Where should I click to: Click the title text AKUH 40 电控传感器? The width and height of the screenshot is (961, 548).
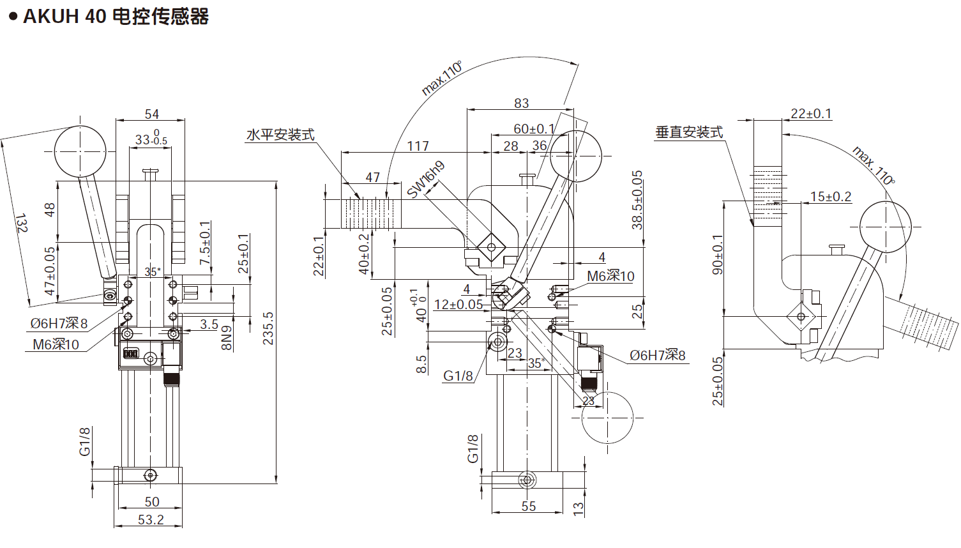[116, 16]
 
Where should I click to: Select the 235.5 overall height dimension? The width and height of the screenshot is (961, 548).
[269, 328]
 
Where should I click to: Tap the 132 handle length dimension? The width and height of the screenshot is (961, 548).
[21, 223]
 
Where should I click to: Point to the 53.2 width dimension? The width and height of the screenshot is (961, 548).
[151, 520]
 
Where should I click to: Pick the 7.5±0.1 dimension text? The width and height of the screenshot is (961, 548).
[205, 243]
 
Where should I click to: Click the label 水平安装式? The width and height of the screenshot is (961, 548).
[280, 135]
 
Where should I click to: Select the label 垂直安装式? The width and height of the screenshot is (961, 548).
[689, 132]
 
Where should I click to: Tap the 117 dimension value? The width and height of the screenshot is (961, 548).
[418, 146]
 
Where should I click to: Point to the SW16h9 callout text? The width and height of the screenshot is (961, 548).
[426, 179]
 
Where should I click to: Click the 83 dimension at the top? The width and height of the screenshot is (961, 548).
[522, 103]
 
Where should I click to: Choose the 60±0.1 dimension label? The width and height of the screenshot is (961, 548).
[534, 129]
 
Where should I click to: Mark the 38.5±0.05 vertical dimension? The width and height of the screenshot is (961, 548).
[637, 199]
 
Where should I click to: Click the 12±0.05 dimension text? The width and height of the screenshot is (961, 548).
[458, 305]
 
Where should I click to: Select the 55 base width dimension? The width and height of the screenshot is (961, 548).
[529, 506]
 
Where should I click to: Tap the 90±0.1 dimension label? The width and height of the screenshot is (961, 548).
[718, 254]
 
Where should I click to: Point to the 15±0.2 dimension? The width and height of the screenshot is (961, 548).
[830, 197]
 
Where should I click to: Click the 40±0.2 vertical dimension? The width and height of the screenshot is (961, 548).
[364, 254]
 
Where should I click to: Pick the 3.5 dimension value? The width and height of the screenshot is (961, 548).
[209, 324]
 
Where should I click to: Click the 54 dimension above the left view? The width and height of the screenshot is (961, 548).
[151, 114]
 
